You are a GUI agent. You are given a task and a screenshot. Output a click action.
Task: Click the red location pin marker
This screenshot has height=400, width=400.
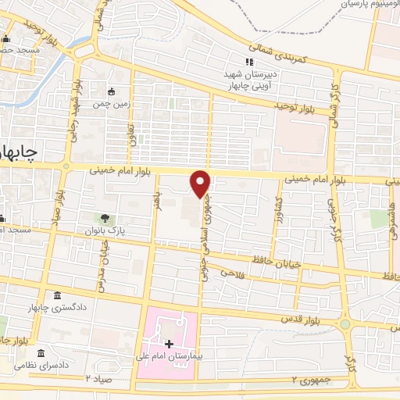coord(201,183)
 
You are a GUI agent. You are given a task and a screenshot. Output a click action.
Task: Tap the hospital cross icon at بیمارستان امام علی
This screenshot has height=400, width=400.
coord(169,343)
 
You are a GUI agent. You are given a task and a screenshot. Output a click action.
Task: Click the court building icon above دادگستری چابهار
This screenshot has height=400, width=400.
coord(59,295)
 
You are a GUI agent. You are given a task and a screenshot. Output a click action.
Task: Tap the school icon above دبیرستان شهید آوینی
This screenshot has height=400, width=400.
coord(250,62)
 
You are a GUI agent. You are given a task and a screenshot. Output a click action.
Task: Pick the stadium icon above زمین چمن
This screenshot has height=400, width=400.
coord(111,90)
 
